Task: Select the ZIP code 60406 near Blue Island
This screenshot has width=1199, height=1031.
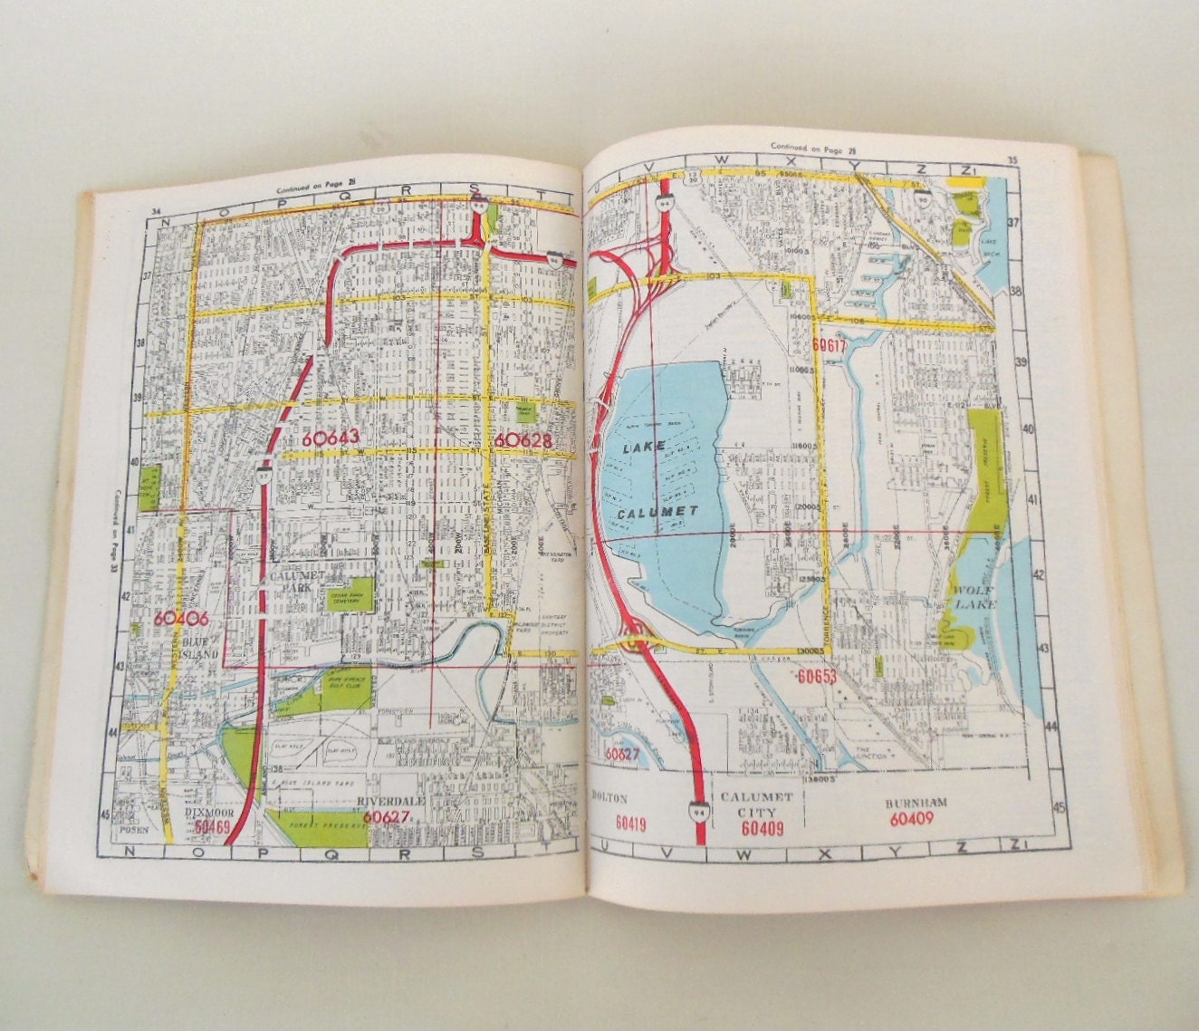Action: coord(181,620)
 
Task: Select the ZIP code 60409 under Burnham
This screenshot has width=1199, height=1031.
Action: coord(911,818)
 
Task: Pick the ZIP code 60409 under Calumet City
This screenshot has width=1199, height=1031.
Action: coord(762,827)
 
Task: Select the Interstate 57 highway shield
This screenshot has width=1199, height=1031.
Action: coord(262,472)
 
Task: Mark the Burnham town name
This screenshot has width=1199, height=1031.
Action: coord(912,802)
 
